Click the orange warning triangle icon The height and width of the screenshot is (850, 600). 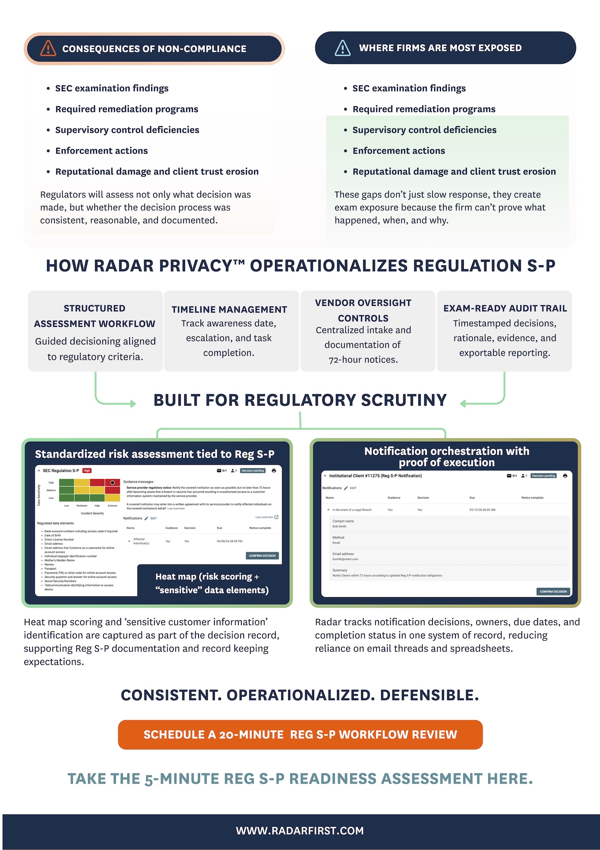(x=48, y=48)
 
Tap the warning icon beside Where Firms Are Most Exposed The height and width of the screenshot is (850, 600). (x=343, y=48)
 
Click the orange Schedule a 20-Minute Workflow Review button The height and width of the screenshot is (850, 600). (x=300, y=734)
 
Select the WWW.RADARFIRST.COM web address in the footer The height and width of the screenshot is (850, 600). (x=300, y=831)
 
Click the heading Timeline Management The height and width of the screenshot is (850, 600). (x=229, y=309)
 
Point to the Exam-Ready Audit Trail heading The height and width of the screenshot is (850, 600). (x=505, y=308)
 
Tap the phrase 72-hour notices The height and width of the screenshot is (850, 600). (x=363, y=360)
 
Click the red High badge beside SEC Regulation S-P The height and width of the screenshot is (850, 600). (x=87, y=471)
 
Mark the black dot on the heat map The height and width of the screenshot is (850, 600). (x=113, y=483)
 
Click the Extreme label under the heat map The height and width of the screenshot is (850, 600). (x=113, y=506)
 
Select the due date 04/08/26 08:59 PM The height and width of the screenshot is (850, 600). (x=229, y=541)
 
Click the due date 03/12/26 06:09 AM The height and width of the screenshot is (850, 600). (x=482, y=510)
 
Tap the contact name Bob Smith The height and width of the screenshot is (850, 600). (x=340, y=526)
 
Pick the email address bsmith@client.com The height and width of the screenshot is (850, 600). (x=345, y=559)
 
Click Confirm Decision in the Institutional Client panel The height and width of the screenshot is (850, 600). (x=553, y=591)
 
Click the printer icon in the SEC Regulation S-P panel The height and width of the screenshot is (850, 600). (x=274, y=471)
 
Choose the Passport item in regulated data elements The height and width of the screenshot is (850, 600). (x=50, y=568)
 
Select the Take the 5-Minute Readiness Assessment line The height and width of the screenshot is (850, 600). (x=300, y=778)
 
